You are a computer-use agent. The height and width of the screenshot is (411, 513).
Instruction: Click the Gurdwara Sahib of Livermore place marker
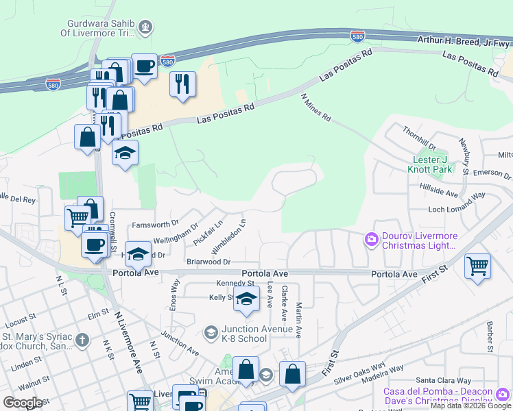145,28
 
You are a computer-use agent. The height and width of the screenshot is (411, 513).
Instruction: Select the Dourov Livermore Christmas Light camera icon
372,239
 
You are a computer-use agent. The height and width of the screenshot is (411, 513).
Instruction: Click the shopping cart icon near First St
477,266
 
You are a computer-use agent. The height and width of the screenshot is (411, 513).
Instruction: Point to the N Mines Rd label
316,108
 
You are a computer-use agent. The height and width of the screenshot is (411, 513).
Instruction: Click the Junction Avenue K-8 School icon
211,334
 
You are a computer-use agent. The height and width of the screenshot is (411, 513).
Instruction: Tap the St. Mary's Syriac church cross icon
82,340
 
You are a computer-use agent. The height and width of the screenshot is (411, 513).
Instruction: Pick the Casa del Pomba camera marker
503,393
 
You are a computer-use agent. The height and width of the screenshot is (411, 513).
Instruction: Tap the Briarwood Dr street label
208,262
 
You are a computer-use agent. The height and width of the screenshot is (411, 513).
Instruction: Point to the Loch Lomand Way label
456,195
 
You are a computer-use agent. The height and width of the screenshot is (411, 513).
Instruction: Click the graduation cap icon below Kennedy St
246,299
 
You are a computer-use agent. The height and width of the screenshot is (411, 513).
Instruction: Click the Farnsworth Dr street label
155,224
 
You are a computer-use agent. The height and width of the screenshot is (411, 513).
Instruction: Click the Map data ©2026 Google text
470,406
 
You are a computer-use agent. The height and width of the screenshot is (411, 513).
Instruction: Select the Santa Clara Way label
444,380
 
